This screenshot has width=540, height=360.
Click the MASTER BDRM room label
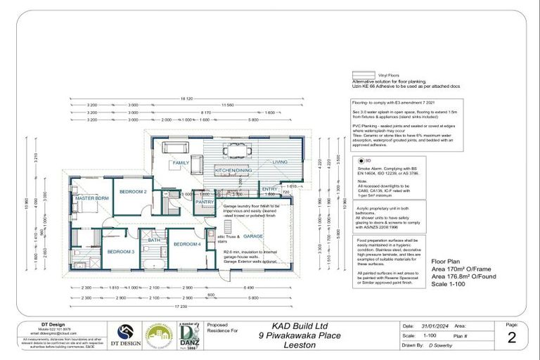(91, 198)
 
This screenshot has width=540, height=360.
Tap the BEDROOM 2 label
(133, 191)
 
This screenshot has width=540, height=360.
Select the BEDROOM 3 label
(120, 251)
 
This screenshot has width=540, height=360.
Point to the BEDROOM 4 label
(188, 244)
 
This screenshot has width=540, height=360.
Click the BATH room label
(155, 240)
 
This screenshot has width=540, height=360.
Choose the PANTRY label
(204, 202)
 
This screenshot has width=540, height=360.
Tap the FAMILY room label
(181, 162)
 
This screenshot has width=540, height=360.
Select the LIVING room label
(281, 162)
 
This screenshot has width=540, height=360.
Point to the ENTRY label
(270, 188)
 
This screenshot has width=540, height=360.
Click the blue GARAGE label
(253, 236)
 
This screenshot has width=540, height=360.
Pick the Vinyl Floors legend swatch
(363, 74)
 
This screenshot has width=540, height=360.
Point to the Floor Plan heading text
(446, 260)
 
